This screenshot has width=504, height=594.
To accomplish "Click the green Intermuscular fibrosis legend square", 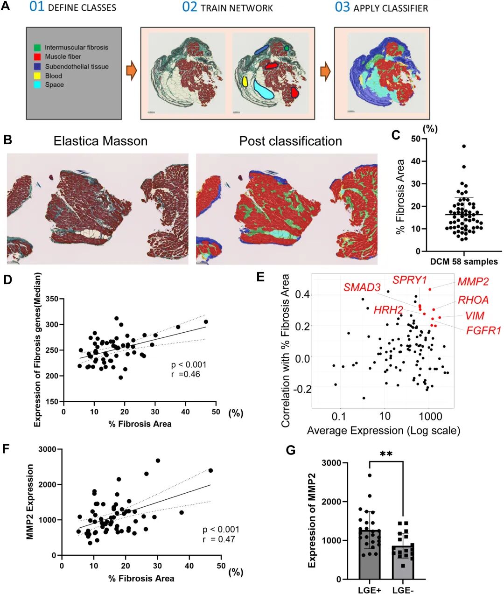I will [x=37, y=48].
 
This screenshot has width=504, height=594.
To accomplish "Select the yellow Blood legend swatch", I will [x=37, y=76].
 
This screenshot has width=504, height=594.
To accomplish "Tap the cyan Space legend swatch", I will [x=37, y=85].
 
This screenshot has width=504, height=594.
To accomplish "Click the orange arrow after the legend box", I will [x=132, y=73].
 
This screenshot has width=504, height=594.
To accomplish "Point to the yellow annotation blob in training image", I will [x=245, y=82].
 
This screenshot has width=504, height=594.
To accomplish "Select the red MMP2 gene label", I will [x=473, y=281].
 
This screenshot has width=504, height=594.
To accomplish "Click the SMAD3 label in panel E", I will [x=362, y=287].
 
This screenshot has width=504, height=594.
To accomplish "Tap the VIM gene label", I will [x=475, y=316].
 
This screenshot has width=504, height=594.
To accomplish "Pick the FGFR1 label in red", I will [x=483, y=331].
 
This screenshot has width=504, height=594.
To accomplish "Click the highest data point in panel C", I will [x=464, y=146].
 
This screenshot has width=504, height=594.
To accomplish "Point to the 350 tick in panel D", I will [x=52, y=299].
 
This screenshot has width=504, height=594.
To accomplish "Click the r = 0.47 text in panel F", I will [x=219, y=539].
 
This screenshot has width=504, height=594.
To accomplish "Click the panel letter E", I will [x=260, y=277].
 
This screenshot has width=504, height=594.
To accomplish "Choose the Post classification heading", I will [x=290, y=141].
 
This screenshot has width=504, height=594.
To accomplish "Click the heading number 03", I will [x=342, y=7].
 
